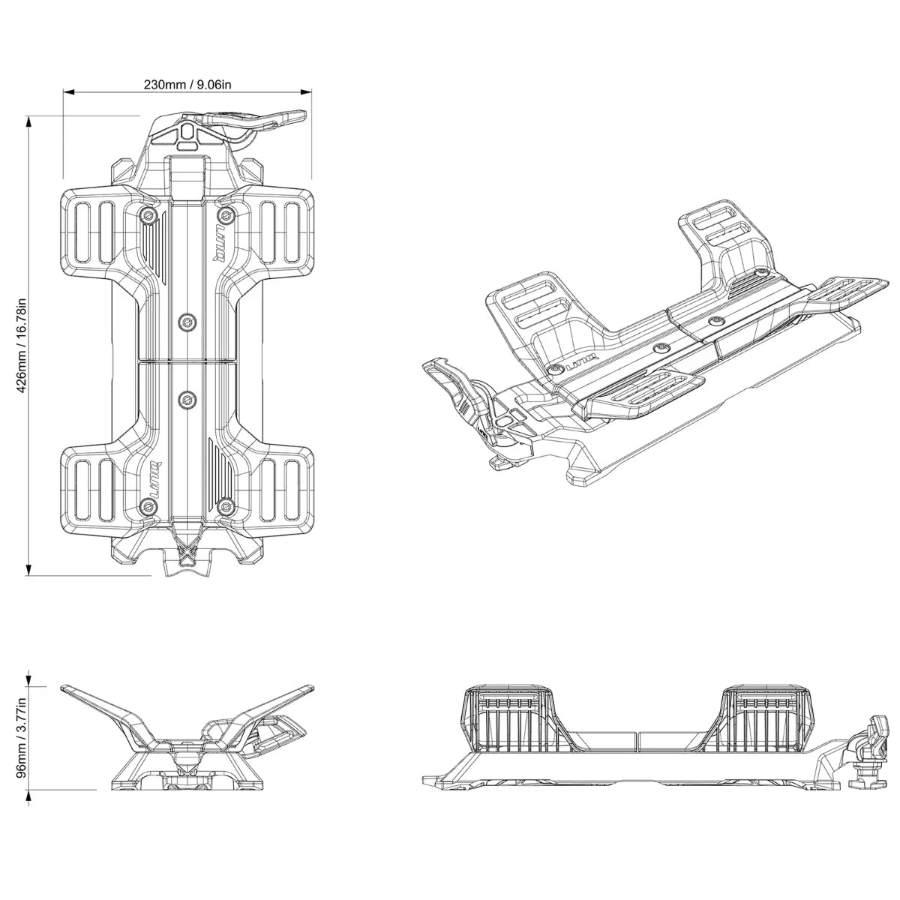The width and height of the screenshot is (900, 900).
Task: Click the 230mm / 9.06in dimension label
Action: coord(187,84)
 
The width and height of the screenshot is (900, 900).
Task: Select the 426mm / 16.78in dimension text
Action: coord(22,346)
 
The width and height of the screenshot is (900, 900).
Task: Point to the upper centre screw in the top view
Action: coord(185,323)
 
